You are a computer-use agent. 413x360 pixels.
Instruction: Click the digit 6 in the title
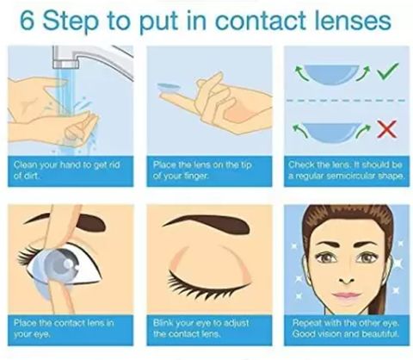[28, 22]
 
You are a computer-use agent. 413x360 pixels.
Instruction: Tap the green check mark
[388, 71]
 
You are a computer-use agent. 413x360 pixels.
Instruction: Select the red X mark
[387, 129]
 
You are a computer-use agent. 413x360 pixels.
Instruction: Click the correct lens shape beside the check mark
[331, 74]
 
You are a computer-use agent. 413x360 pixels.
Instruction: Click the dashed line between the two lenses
[346, 101]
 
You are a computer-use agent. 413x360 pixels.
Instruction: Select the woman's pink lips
[346, 295]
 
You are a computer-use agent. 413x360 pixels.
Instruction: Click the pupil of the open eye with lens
[68, 264]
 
